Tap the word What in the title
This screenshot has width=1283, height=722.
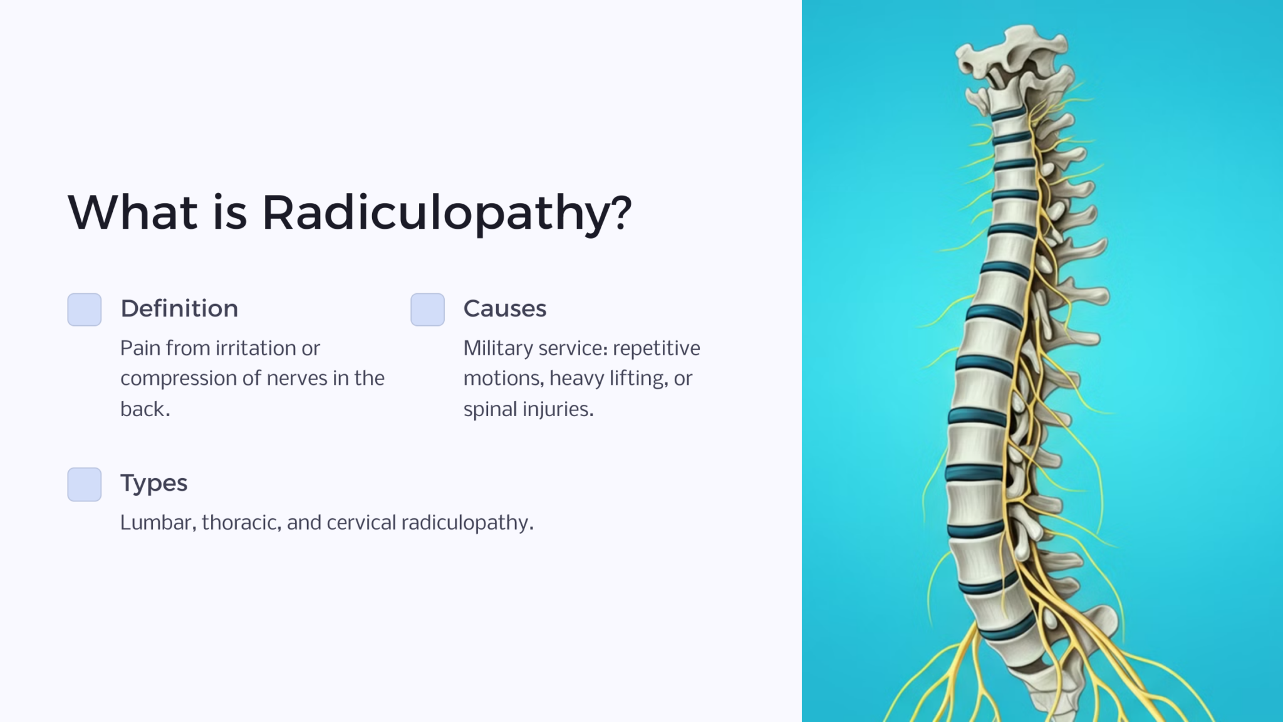tap(132, 213)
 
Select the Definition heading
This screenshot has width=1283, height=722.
tap(179, 308)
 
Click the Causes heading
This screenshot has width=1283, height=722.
tap(504, 308)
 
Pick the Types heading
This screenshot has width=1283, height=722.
tap(153, 483)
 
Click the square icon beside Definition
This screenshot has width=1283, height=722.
tap(85, 310)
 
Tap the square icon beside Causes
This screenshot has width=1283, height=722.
tap(427, 310)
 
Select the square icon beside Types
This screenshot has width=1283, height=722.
tap(85, 484)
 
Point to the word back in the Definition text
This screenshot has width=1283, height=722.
tap(143, 409)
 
